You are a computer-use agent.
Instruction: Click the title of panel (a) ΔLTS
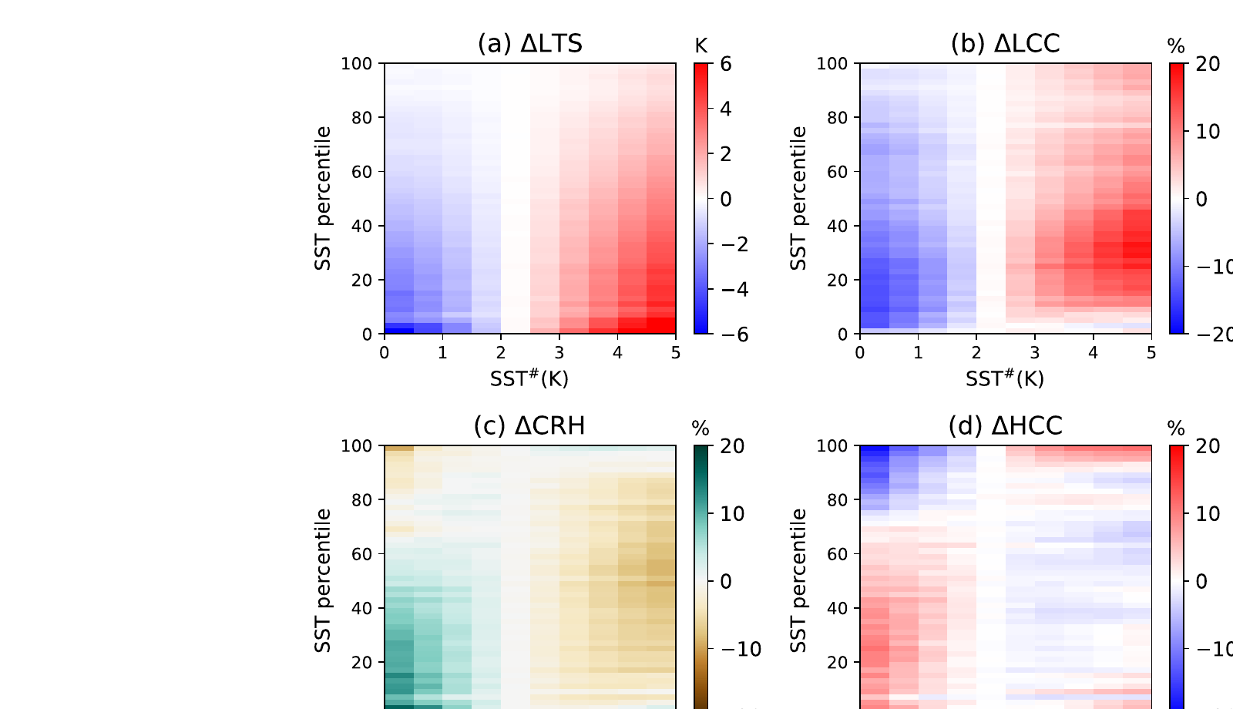[529, 44]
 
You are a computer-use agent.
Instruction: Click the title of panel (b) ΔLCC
[1005, 44]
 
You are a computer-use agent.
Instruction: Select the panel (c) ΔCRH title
[529, 425]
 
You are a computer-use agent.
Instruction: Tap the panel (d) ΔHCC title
[1005, 425]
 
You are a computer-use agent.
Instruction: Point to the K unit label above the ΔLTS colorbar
[700, 47]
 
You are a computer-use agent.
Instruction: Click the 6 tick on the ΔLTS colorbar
[726, 64]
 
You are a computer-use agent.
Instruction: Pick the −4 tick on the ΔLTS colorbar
[733, 290]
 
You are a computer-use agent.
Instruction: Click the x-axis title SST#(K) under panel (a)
[529, 378]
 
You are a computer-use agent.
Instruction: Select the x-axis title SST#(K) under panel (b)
[1005, 378]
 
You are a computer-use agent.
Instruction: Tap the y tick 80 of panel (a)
[363, 118]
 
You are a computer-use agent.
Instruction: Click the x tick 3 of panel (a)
[559, 353]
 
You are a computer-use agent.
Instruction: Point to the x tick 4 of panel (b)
[1093, 353]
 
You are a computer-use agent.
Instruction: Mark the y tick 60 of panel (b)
[838, 172]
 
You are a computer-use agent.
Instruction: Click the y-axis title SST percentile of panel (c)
[323, 580]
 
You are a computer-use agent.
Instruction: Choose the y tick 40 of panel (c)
[363, 608]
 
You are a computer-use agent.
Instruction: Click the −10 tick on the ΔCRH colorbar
[741, 650]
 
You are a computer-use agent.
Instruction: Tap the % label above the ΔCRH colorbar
[700, 429]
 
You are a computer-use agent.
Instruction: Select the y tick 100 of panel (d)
[832, 446]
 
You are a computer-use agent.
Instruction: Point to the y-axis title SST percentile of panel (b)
[798, 198]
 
